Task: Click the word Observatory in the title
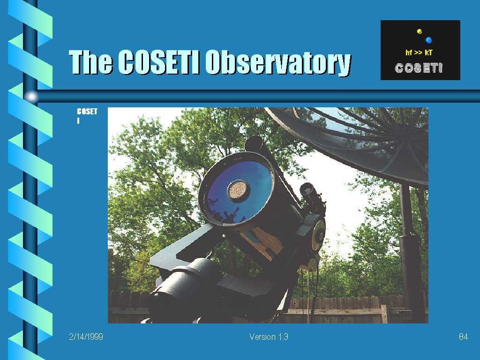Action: click(278, 62)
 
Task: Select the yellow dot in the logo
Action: click(420, 31)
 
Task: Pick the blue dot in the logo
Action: click(428, 40)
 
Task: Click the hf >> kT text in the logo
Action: click(419, 52)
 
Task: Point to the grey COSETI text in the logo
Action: click(419, 68)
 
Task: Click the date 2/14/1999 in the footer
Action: click(86, 337)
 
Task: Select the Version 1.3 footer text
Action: click(269, 337)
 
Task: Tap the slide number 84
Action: click(463, 337)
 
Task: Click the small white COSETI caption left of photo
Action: click(87, 116)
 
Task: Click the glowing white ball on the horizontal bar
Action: click(31, 97)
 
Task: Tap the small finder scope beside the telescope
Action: click(311, 196)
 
